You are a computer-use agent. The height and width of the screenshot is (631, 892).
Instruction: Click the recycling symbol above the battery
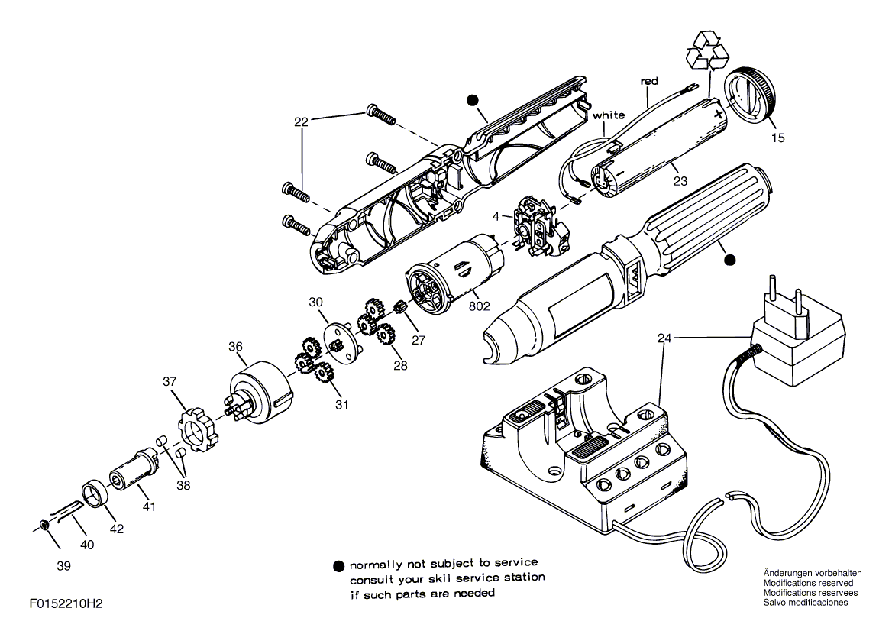pyautogui.click(x=708, y=50)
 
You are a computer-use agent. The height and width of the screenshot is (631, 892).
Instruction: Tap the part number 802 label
pyautogui.click(x=479, y=306)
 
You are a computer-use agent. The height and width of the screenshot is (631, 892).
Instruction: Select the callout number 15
pyautogui.click(x=777, y=138)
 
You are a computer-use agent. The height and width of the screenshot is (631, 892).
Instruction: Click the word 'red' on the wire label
pyautogui.click(x=649, y=82)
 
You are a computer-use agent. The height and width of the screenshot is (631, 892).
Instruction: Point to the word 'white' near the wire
pyautogui.click(x=609, y=115)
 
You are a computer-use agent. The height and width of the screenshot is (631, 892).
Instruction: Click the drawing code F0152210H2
pyautogui.click(x=66, y=604)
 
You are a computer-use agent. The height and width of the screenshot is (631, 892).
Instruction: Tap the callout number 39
pyautogui.click(x=63, y=566)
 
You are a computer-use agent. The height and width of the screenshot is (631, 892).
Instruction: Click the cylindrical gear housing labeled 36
pyautogui.click(x=260, y=393)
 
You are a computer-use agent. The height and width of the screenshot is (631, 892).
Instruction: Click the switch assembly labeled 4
pyautogui.click(x=537, y=225)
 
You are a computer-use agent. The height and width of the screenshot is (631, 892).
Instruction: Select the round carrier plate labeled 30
pyautogui.click(x=341, y=343)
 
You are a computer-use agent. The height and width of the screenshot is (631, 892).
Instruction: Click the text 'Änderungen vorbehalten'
pyautogui.click(x=813, y=574)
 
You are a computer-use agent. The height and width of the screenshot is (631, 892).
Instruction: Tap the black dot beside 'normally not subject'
pyautogui.click(x=339, y=567)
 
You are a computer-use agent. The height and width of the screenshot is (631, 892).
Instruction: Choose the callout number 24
pyautogui.click(x=664, y=338)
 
